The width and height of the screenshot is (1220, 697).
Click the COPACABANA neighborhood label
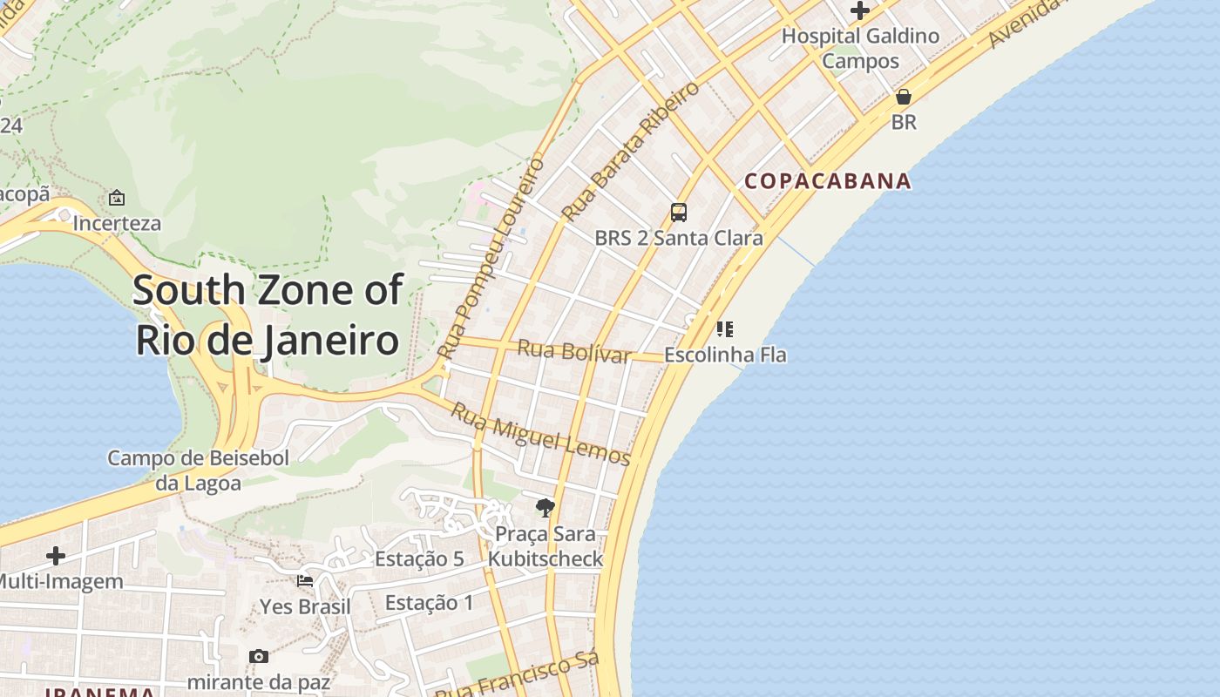(x=827, y=181)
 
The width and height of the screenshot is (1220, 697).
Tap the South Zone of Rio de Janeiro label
(x=268, y=315)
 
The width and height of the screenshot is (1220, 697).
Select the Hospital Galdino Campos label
(x=860, y=48)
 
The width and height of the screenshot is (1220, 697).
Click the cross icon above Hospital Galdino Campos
(x=860, y=11)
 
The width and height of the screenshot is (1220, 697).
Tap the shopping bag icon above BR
(x=904, y=97)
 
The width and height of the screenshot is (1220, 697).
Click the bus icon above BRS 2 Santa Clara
(x=678, y=212)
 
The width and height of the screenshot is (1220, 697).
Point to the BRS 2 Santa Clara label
(x=678, y=238)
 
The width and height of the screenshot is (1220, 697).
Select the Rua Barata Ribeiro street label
(x=630, y=151)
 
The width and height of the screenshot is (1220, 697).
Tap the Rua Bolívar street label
(x=573, y=351)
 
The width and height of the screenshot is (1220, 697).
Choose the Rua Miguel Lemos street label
(x=539, y=433)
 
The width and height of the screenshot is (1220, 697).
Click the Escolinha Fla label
(x=725, y=355)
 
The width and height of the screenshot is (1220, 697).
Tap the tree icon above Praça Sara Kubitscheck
(x=546, y=507)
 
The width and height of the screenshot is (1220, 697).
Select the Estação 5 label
(x=419, y=558)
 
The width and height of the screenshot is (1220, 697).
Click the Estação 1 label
(x=429, y=602)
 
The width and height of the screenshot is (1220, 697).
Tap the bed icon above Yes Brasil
(x=305, y=581)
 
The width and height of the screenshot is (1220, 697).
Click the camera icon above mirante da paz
(x=259, y=656)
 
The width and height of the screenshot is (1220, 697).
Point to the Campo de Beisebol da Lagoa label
(x=198, y=470)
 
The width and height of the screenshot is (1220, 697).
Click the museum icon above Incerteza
(x=117, y=198)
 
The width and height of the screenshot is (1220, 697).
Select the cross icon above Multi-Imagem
(x=56, y=556)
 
